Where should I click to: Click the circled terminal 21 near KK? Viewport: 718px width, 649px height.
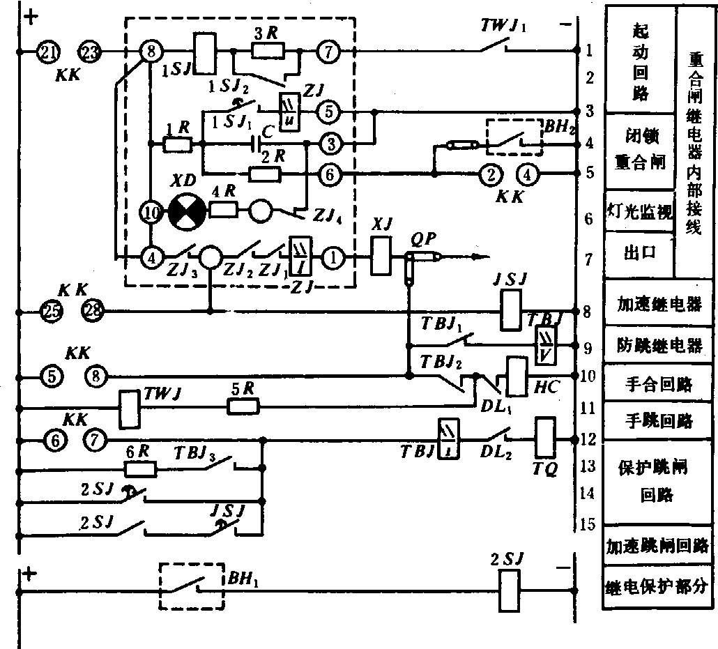pos(50,51)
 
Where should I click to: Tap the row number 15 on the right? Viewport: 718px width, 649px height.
pos(587,524)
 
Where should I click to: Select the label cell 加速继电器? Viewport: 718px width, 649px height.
pos(659,305)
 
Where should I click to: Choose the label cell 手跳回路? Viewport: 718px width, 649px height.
pos(659,420)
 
